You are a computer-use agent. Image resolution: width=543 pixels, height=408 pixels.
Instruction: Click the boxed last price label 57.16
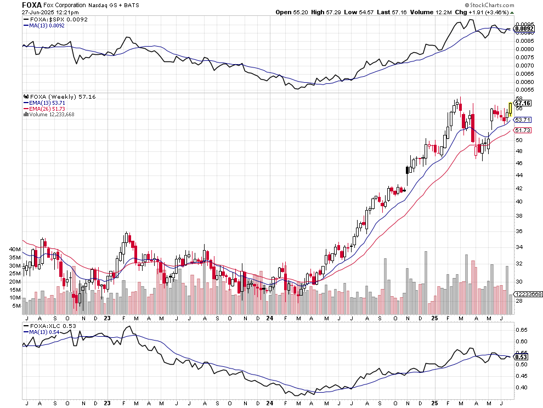523,103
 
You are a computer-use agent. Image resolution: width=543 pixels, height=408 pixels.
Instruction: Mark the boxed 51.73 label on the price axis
523,130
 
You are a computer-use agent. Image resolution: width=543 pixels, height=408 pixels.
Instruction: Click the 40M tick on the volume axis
14,249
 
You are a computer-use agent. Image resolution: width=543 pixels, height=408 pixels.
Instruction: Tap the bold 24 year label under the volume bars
269,318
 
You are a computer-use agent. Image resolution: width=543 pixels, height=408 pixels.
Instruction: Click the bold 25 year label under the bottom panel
434,403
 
